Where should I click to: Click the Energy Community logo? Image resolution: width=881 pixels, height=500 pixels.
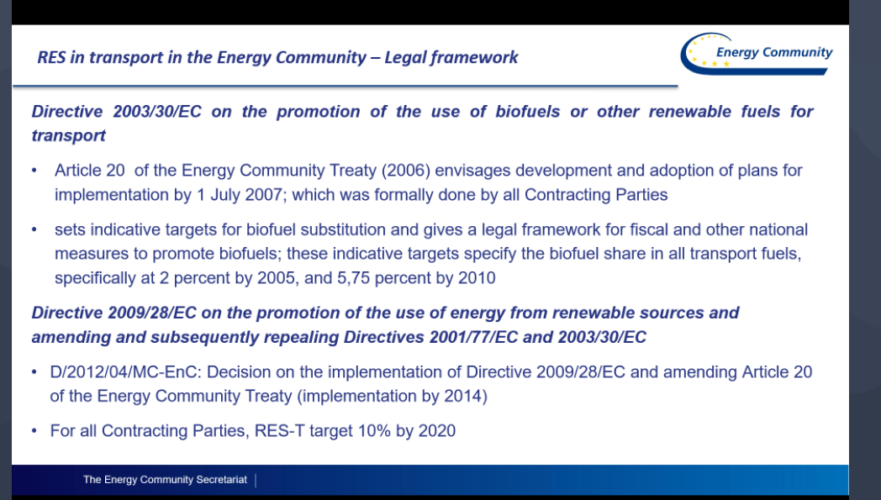tap(757, 54)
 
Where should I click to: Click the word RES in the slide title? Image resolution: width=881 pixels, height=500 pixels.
tap(51, 57)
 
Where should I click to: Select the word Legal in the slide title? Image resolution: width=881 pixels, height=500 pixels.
tap(405, 57)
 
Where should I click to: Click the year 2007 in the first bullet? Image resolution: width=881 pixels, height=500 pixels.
tap(266, 194)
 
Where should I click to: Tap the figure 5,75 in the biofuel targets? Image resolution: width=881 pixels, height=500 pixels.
tap(353, 278)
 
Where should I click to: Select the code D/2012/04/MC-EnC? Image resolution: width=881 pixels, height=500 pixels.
tap(124, 372)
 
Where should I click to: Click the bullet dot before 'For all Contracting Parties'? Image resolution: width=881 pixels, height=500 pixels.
tap(34, 431)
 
